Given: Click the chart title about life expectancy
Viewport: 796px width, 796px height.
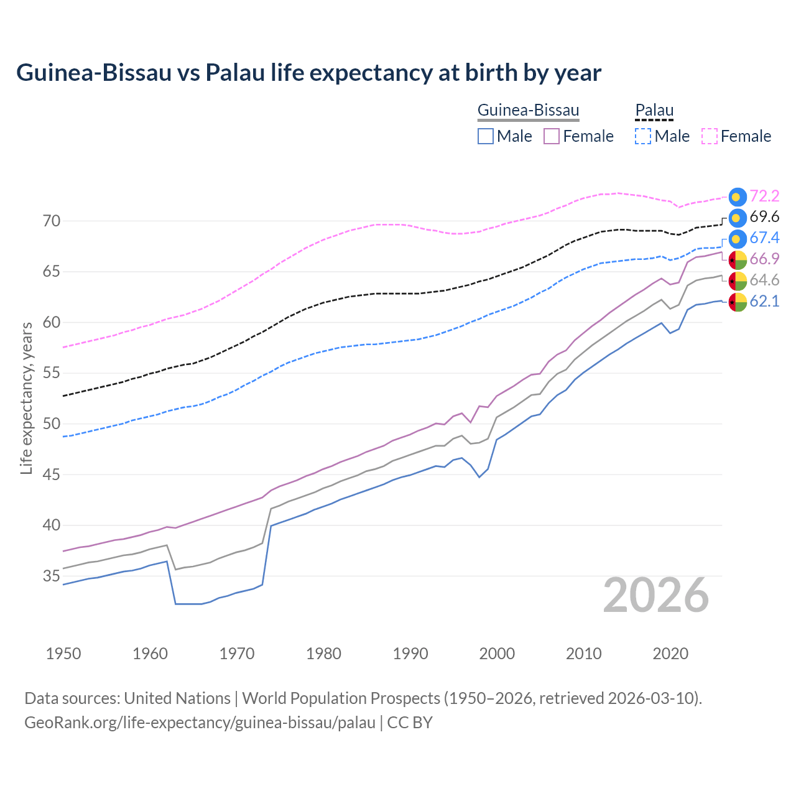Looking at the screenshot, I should pyautogui.click(x=308, y=73).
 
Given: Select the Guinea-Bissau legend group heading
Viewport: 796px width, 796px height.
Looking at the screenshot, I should pyautogui.click(x=528, y=110).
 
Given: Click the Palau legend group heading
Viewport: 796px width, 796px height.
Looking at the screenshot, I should pyautogui.click(x=654, y=110).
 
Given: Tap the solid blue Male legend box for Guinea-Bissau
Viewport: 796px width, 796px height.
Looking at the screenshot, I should pyautogui.click(x=486, y=136).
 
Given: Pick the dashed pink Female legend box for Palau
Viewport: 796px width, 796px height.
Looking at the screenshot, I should pyautogui.click(x=710, y=136).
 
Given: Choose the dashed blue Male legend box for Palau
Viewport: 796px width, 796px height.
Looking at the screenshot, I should pyautogui.click(x=643, y=136).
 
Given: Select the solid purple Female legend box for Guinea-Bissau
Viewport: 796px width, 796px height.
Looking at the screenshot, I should pyautogui.click(x=552, y=136).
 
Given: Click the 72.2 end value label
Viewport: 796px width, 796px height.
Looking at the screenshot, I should pyautogui.click(x=764, y=196).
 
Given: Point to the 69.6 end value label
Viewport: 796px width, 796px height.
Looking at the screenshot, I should pyautogui.click(x=764, y=217).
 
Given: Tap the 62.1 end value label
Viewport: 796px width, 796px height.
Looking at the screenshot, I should pyautogui.click(x=764, y=302).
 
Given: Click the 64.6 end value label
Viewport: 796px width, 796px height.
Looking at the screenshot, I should pyautogui.click(x=764, y=280).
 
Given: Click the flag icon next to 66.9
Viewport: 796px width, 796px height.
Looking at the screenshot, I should pyautogui.click(x=738, y=259).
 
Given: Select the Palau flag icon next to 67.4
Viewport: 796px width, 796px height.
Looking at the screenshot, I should pyautogui.click(x=738, y=238).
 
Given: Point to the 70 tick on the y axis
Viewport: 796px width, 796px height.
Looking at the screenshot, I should pyautogui.click(x=52, y=221).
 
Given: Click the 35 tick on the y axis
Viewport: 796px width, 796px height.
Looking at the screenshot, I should pyautogui.click(x=52, y=576).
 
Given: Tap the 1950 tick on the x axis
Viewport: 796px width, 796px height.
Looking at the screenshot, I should pyautogui.click(x=63, y=654).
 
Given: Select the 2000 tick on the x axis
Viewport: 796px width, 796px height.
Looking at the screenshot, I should pyautogui.click(x=497, y=654).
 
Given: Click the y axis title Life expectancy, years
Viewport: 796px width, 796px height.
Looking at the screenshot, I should pyautogui.click(x=27, y=398).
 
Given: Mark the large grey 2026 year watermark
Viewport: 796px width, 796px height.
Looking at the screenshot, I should pyautogui.click(x=656, y=595).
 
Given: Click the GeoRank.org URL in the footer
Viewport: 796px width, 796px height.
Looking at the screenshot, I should pyautogui.click(x=200, y=723).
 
